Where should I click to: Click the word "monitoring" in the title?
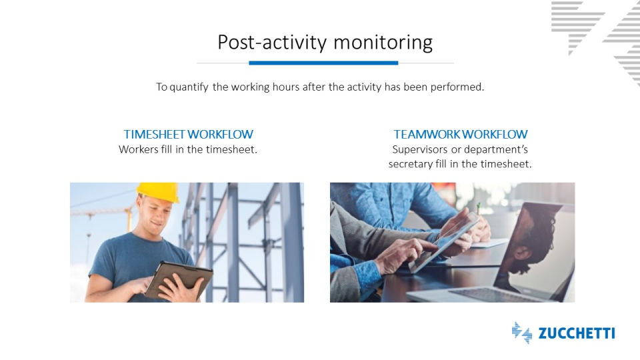click(383, 43)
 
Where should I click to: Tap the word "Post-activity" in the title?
click(272, 43)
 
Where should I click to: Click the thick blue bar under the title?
click(323, 63)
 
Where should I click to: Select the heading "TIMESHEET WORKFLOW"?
click(189, 134)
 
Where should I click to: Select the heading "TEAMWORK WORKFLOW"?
click(461, 134)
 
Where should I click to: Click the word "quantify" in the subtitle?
click(189, 87)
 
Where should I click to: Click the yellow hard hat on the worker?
click(158, 192)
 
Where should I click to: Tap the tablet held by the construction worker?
click(179, 280)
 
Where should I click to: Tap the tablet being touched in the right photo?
click(445, 242)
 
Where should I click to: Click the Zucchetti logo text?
click(576, 333)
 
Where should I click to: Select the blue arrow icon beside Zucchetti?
click(522, 333)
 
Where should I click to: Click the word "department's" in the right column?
click(496, 150)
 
